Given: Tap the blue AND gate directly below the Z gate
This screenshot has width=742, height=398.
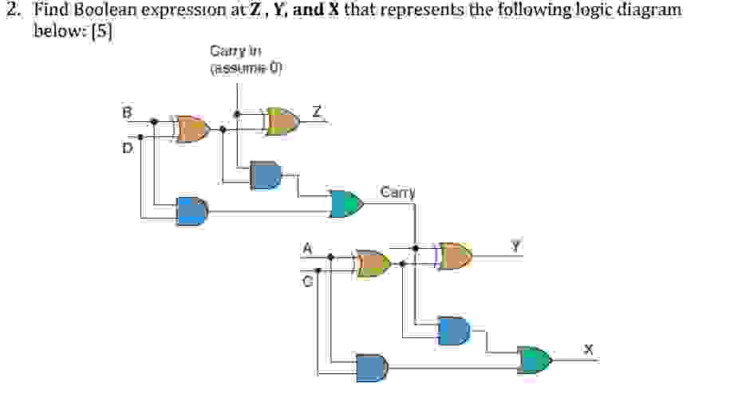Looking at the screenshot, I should [x=266, y=174].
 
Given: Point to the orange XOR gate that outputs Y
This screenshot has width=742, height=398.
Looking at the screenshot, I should [x=455, y=255].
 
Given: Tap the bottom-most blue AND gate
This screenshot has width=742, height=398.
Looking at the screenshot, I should [x=372, y=367].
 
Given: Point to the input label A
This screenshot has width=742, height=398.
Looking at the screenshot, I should [x=305, y=247].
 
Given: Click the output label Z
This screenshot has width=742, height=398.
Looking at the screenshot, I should [x=317, y=110].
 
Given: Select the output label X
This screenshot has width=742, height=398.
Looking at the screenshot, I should [x=589, y=349].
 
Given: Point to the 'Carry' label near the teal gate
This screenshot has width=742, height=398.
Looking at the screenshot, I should [x=398, y=192].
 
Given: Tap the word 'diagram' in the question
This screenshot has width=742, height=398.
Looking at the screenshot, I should [x=653, y=10].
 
